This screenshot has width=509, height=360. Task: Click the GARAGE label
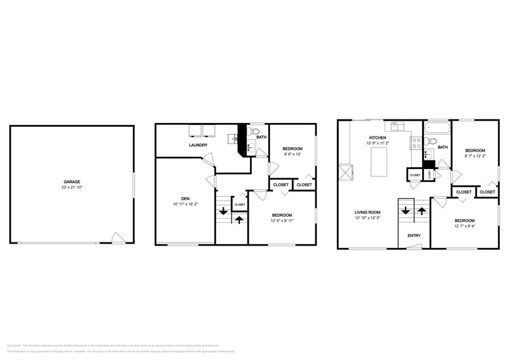(72, 181)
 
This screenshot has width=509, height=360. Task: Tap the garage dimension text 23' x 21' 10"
(72, 187)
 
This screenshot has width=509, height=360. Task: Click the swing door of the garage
(118, 238)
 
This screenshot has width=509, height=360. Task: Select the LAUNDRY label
(197, 145)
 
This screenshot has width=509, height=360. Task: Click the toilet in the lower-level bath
(255, 132)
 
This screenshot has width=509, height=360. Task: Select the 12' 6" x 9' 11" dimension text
(282, 220)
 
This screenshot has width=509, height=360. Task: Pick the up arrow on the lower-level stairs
(239, 219)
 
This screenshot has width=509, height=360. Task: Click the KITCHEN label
(377, 138)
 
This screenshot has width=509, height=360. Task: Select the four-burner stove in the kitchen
(415, 143)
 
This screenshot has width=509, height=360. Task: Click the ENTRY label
(413, 235)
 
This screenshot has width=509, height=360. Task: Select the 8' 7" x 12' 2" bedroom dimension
(475, 156)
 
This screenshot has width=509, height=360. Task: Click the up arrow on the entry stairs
(422, 211)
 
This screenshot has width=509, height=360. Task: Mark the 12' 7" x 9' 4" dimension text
(464, 226)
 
